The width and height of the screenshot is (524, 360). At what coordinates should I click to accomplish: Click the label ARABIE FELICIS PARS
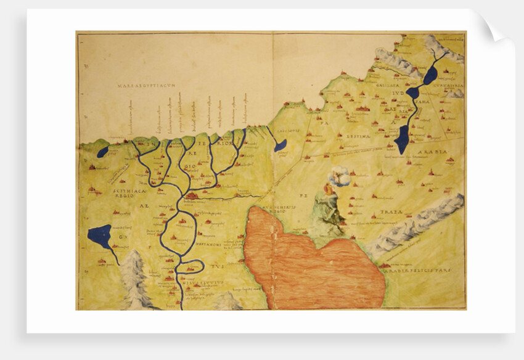(x=419, y=270)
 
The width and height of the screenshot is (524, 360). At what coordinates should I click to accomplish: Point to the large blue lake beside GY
(x=100, y=235)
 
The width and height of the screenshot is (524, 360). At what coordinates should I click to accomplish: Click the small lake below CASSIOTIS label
(x=280, y=145)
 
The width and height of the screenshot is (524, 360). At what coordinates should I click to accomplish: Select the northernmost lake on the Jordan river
(x=430, y=75)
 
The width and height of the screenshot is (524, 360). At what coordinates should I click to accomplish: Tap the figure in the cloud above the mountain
(x=338, y=178)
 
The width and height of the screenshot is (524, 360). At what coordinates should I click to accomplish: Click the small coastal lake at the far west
(x=103, y=152)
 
